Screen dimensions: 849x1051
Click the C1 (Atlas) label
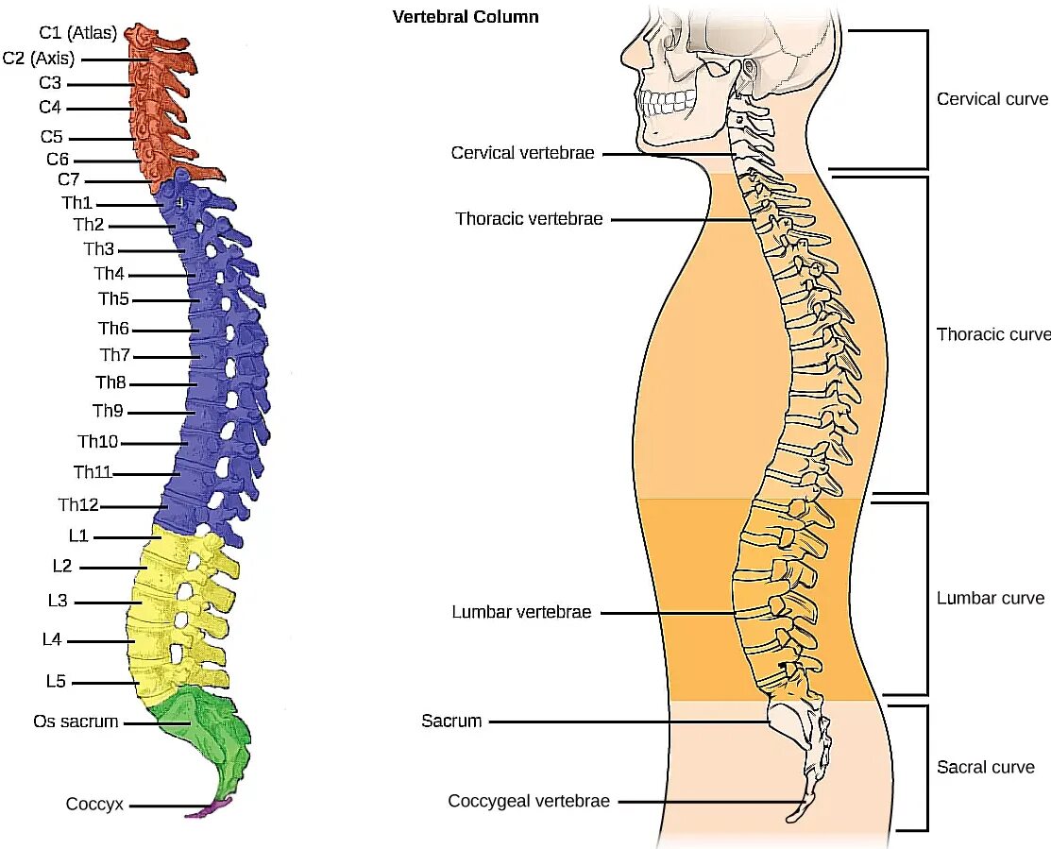pos(78,33)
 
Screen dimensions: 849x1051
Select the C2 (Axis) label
pos(38,59)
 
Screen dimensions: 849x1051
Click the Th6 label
pos(113,329)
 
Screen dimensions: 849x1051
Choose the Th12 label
pos(78,505)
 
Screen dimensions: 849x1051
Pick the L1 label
pos(78,535)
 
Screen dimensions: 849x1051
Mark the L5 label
pos(55,680)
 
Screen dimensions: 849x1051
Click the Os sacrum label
pos(76,722)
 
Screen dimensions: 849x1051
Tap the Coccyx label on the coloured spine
pos(94,805)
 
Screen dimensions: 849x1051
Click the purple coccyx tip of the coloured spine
pos(212,807)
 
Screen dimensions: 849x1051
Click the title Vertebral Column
pos(466,17)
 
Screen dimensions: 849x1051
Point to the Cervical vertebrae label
pos(523,152)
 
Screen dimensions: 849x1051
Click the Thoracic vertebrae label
pos(529,218)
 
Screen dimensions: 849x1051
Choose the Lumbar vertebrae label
pos(521,612)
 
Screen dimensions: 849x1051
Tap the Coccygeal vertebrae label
pos(529,802)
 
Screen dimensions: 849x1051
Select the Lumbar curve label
pos(991,598)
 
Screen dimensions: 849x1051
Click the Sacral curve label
pos(985,767)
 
